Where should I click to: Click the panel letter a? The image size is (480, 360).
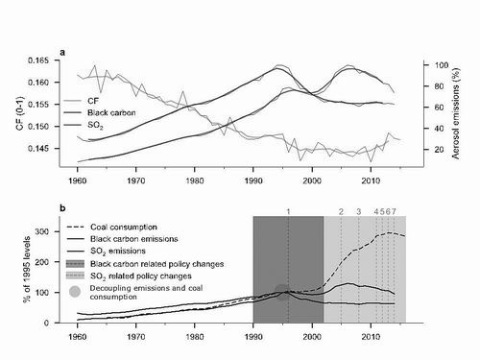pos(62,53)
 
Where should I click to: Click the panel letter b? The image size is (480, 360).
pos(62,208)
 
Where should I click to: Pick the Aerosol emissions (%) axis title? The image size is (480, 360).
pos(456,113)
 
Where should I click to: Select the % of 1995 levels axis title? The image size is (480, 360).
pos(27,270)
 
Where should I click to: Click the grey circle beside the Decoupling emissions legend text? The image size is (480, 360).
pos(75,292)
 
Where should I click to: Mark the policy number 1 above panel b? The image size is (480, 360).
pos(288,211)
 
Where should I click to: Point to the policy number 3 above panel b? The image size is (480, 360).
pos(358,211)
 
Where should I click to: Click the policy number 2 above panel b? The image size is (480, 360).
pos(341,211)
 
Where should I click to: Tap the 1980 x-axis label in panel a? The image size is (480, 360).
pos(195,180)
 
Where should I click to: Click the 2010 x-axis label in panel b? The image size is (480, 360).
pos(371,337)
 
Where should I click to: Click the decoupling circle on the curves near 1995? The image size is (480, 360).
pos(283,293)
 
